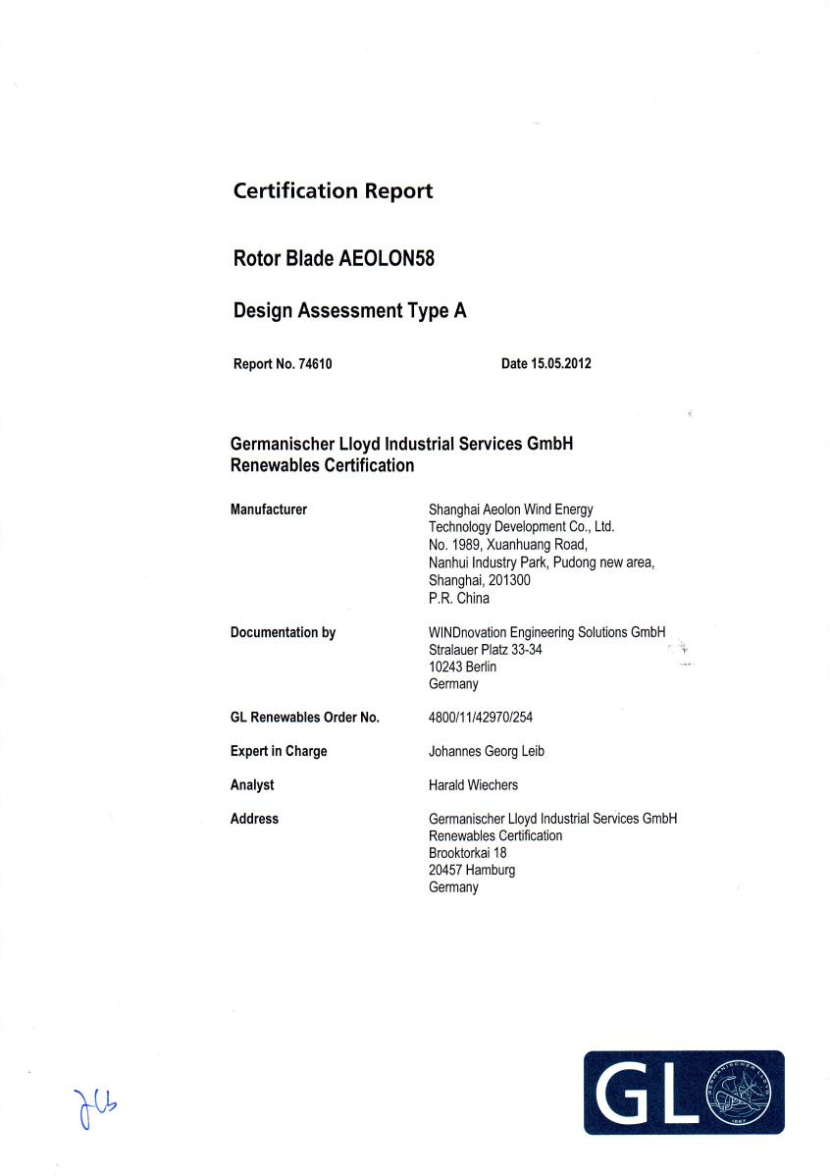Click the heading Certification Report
(333, 191)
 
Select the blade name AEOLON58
(387, 260)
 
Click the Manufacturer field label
(268, 509)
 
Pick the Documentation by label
(283, 633)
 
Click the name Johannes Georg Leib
(486, 752)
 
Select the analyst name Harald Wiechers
(473, 785)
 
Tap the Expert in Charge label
(279, 752)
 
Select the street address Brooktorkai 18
(468, 853)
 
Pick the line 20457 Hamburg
(472, 870)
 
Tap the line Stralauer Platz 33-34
(486, 650)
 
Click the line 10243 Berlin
(463, 667)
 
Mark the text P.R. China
(459, 598)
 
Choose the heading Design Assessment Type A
(349, 312)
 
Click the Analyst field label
(252, 785)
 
